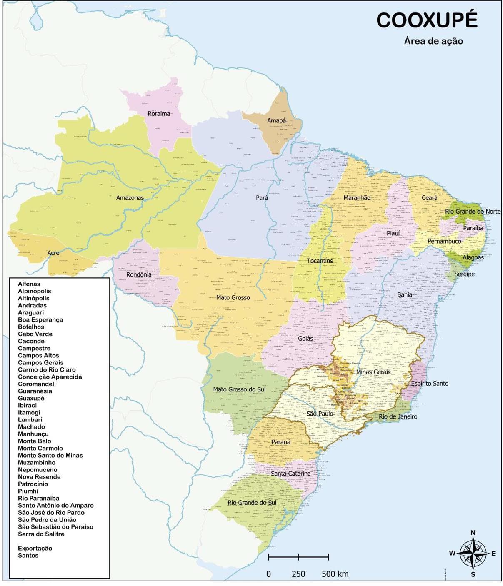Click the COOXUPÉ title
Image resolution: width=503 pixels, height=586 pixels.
[427, 20]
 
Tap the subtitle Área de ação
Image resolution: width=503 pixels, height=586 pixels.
[433, 41]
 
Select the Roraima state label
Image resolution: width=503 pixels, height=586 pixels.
[159, 114]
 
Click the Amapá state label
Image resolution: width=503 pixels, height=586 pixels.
[276, 121]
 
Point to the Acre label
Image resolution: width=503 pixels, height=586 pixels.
[53, 253]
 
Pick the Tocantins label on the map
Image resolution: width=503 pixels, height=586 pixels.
[320, 261]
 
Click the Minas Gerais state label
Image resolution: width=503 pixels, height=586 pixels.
[373, 372]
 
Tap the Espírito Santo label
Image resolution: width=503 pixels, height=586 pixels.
[430, 383]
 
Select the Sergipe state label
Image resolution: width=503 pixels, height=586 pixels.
[464, 274]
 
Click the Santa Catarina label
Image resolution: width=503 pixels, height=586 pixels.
[290, 474]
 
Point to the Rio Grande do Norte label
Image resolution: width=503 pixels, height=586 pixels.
[473, 212]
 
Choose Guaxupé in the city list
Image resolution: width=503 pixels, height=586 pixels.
[31, 398]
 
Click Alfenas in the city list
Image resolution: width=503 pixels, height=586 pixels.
[29, 284]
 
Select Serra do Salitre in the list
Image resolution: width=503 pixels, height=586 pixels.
[41, 534]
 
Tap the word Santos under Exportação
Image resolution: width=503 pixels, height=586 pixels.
[28, 555]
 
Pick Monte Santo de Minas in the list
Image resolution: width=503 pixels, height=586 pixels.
[50, 455]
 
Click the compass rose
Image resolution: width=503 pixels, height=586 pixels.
[473, 554]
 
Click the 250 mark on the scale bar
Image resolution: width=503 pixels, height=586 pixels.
[298, 574]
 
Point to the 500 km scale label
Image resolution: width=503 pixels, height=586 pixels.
[335, 574]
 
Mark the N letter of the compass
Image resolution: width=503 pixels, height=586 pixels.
[473, 533]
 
